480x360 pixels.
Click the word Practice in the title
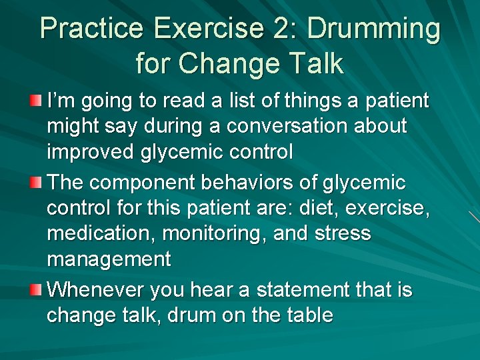pyautogui.click(x=91, y=29)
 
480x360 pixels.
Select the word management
pyautogui.click(x=109, y=259)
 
